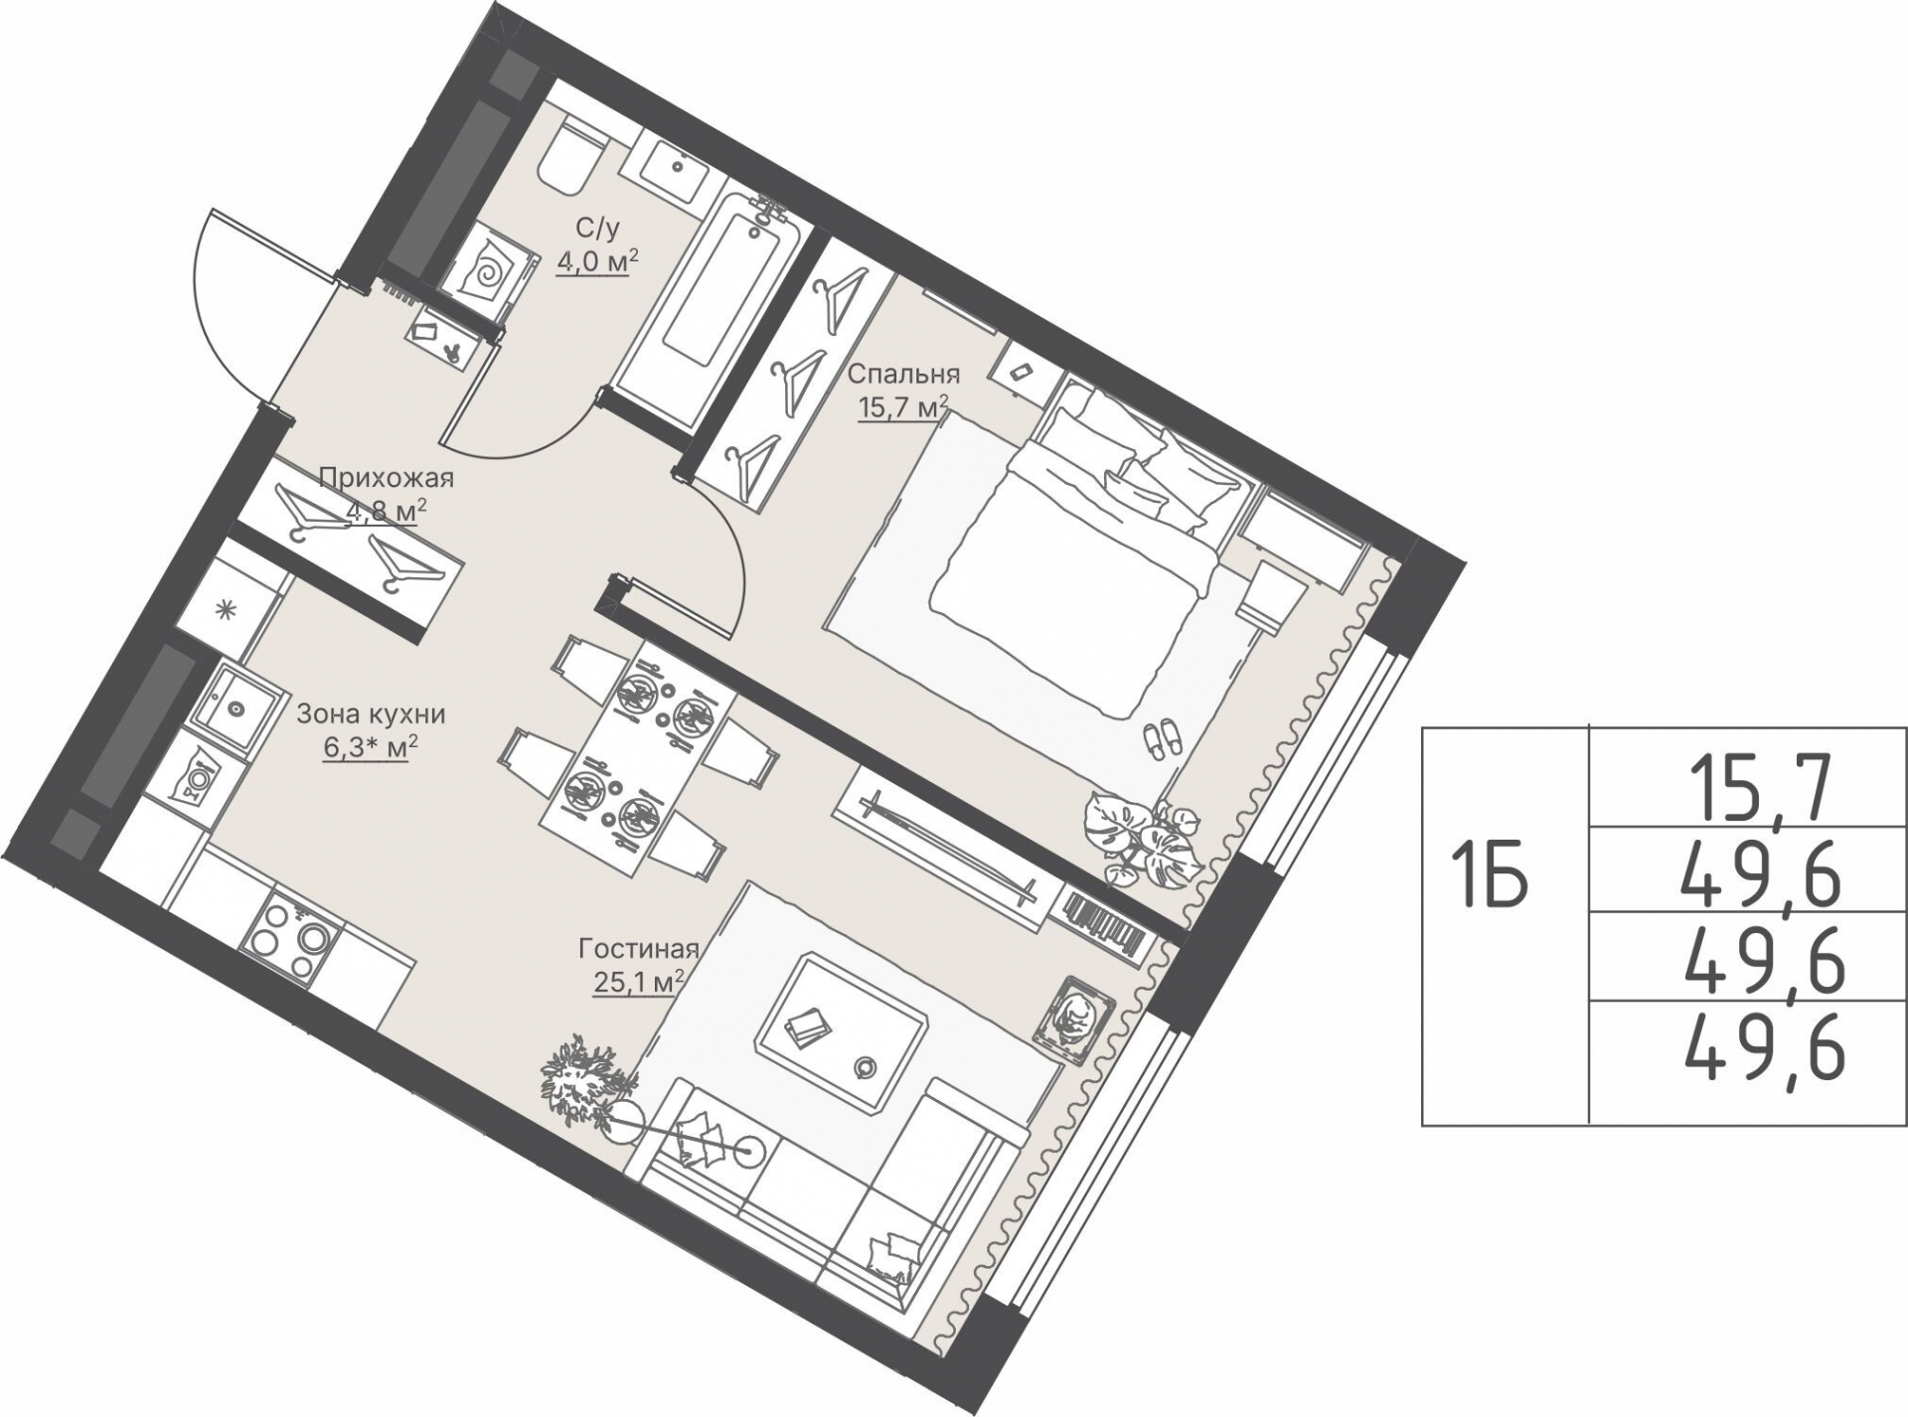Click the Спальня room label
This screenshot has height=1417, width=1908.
[902, 375]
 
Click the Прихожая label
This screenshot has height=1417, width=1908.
[387, 479]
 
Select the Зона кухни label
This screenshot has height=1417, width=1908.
[372, 714]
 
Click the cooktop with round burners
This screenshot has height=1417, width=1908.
[289, 936]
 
